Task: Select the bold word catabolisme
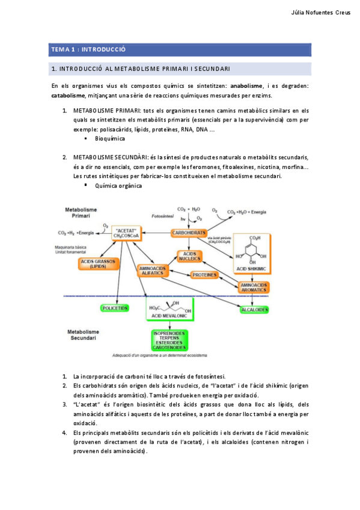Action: (68, 95)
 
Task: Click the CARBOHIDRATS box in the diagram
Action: (189, 232)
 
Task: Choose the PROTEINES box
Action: (205, 275)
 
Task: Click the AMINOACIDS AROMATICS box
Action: (254, 287)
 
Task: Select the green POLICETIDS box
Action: (114, 308)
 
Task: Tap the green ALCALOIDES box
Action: (254, 309)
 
